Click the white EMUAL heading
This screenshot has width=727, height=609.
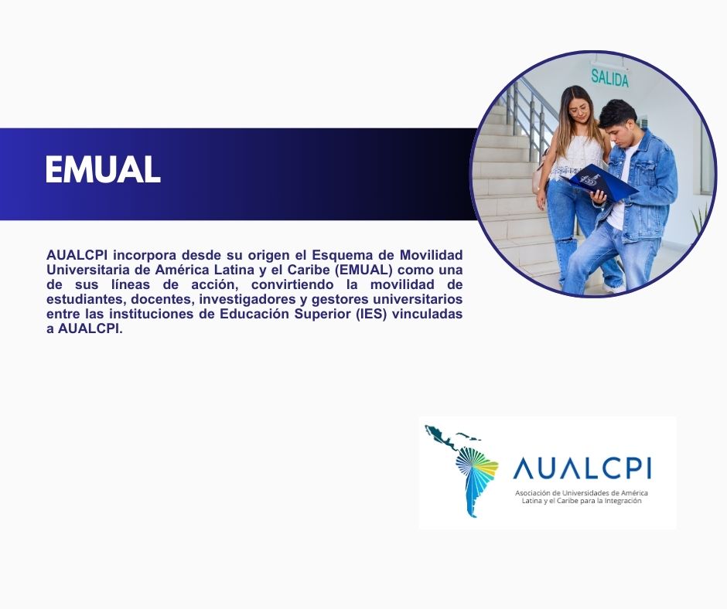click(103, 169)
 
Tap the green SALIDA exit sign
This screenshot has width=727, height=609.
click(609, 77)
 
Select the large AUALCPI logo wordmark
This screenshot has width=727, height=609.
click(582, 468)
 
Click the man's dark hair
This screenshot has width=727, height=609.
click(617, 112)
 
